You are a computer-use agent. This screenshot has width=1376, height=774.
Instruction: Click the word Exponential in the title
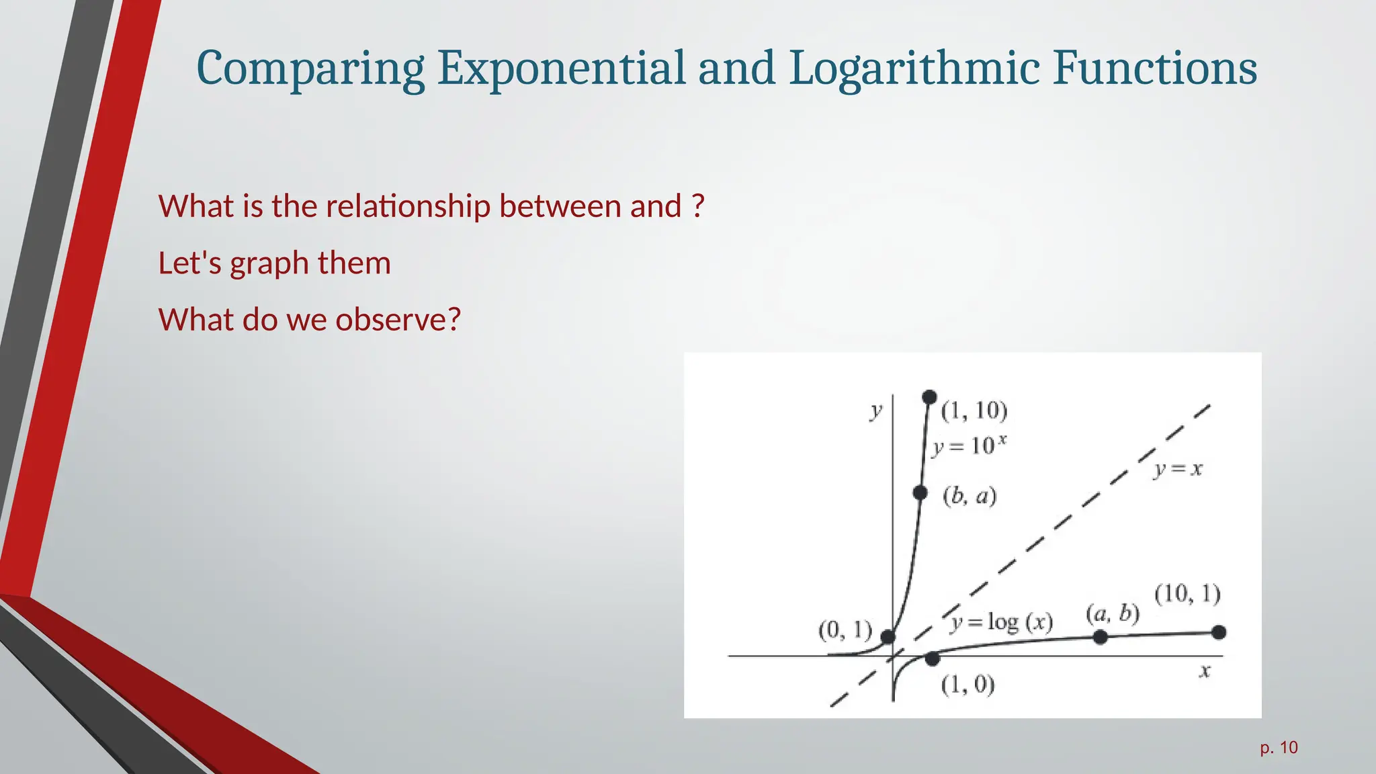(561, 69)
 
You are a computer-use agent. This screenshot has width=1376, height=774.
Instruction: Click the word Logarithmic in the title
(914, 69)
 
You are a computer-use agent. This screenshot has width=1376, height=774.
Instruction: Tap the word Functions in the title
(1154, 69)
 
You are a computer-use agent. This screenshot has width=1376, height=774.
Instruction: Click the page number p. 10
(1279, 748)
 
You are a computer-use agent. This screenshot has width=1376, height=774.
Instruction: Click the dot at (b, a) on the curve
(920, 492)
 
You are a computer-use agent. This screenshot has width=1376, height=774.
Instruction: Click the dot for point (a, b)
(1100, 636)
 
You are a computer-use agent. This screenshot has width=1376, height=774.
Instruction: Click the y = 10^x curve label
(969, 445)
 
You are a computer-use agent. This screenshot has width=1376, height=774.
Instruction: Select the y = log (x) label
(1001, 623)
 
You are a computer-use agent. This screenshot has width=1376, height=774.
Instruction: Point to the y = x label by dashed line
(1178, 469)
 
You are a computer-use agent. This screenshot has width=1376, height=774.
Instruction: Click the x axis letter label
(1205, 671)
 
